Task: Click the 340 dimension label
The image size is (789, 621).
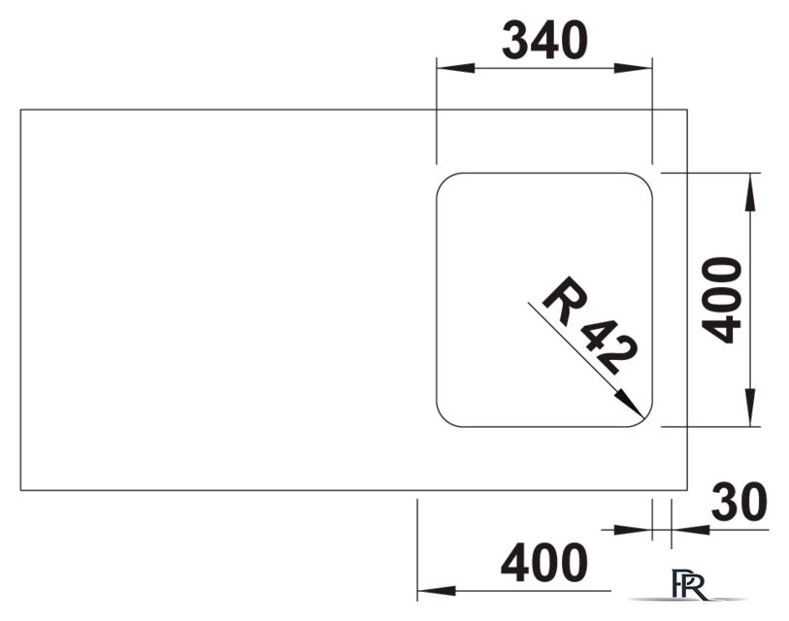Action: [x=544, y=40]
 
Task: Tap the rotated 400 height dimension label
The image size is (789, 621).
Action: [x=722, y=301]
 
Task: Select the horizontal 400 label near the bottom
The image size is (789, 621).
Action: [x=543, y=563]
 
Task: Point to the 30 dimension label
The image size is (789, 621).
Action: [x=740, y=503]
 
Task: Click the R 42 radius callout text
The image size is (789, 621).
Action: [x=590, y=325]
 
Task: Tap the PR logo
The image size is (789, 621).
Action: [x=688, y=585]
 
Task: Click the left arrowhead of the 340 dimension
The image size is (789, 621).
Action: [x=455, y=68]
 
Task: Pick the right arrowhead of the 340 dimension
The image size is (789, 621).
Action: [x=633, y=68]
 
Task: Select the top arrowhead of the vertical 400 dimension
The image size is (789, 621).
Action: [x=750, y=192]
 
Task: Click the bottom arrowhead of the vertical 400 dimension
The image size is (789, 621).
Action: [x=750, y=408]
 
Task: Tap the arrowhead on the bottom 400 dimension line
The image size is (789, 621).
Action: [x=437, y=591]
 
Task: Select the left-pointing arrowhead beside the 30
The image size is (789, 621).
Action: [x=690, y=530]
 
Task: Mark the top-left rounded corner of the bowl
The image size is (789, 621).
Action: [x=444, y=180]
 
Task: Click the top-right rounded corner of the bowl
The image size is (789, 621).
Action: [x=645, y=180]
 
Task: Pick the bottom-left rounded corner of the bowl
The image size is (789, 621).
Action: [x=444, y=420]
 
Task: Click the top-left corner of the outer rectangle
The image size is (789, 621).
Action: [x=20, y=110]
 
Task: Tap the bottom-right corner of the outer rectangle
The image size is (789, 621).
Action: [x=687, y=490]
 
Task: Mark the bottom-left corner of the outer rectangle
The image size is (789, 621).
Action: [x=20, y=490]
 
